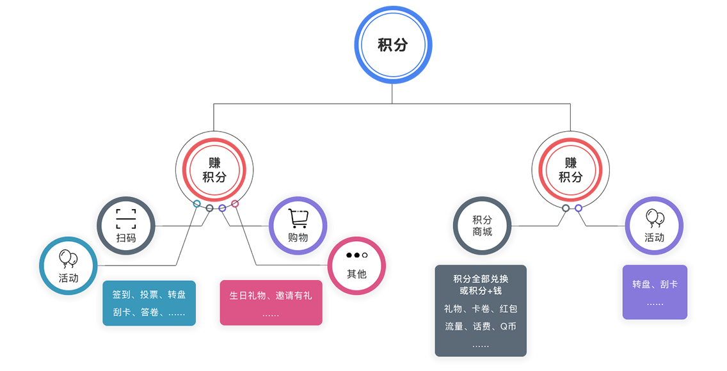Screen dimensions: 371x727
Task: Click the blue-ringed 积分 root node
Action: [x=392, y=45]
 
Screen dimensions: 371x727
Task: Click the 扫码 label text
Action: [x=126, y=237]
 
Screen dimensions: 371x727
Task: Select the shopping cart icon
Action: [x=298, y=218]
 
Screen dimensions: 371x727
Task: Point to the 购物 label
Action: [x=298, y=237]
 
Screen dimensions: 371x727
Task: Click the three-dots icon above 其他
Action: [x=356, y=255]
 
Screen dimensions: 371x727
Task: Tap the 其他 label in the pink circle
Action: [x=356, y=274]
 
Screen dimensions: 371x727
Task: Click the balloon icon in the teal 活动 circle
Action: [x=68, y=259]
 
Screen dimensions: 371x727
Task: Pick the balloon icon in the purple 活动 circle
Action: [x=654, y=218]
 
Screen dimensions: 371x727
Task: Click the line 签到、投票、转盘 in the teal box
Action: [x=149, y=295]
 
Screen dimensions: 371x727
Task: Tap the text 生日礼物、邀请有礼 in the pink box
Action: [x=271, y=296]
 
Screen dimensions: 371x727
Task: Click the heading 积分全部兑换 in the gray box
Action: [x=481, y=279]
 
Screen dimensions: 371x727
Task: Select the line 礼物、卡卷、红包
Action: [x=481, y=309]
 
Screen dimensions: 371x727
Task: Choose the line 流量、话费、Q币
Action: [x=481, y=326]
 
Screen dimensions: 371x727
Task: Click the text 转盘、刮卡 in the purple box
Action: [x=655, y=284]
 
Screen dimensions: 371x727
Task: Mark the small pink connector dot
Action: [x=235, y=203]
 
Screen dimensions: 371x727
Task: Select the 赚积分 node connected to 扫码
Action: [x=214, y=170]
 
